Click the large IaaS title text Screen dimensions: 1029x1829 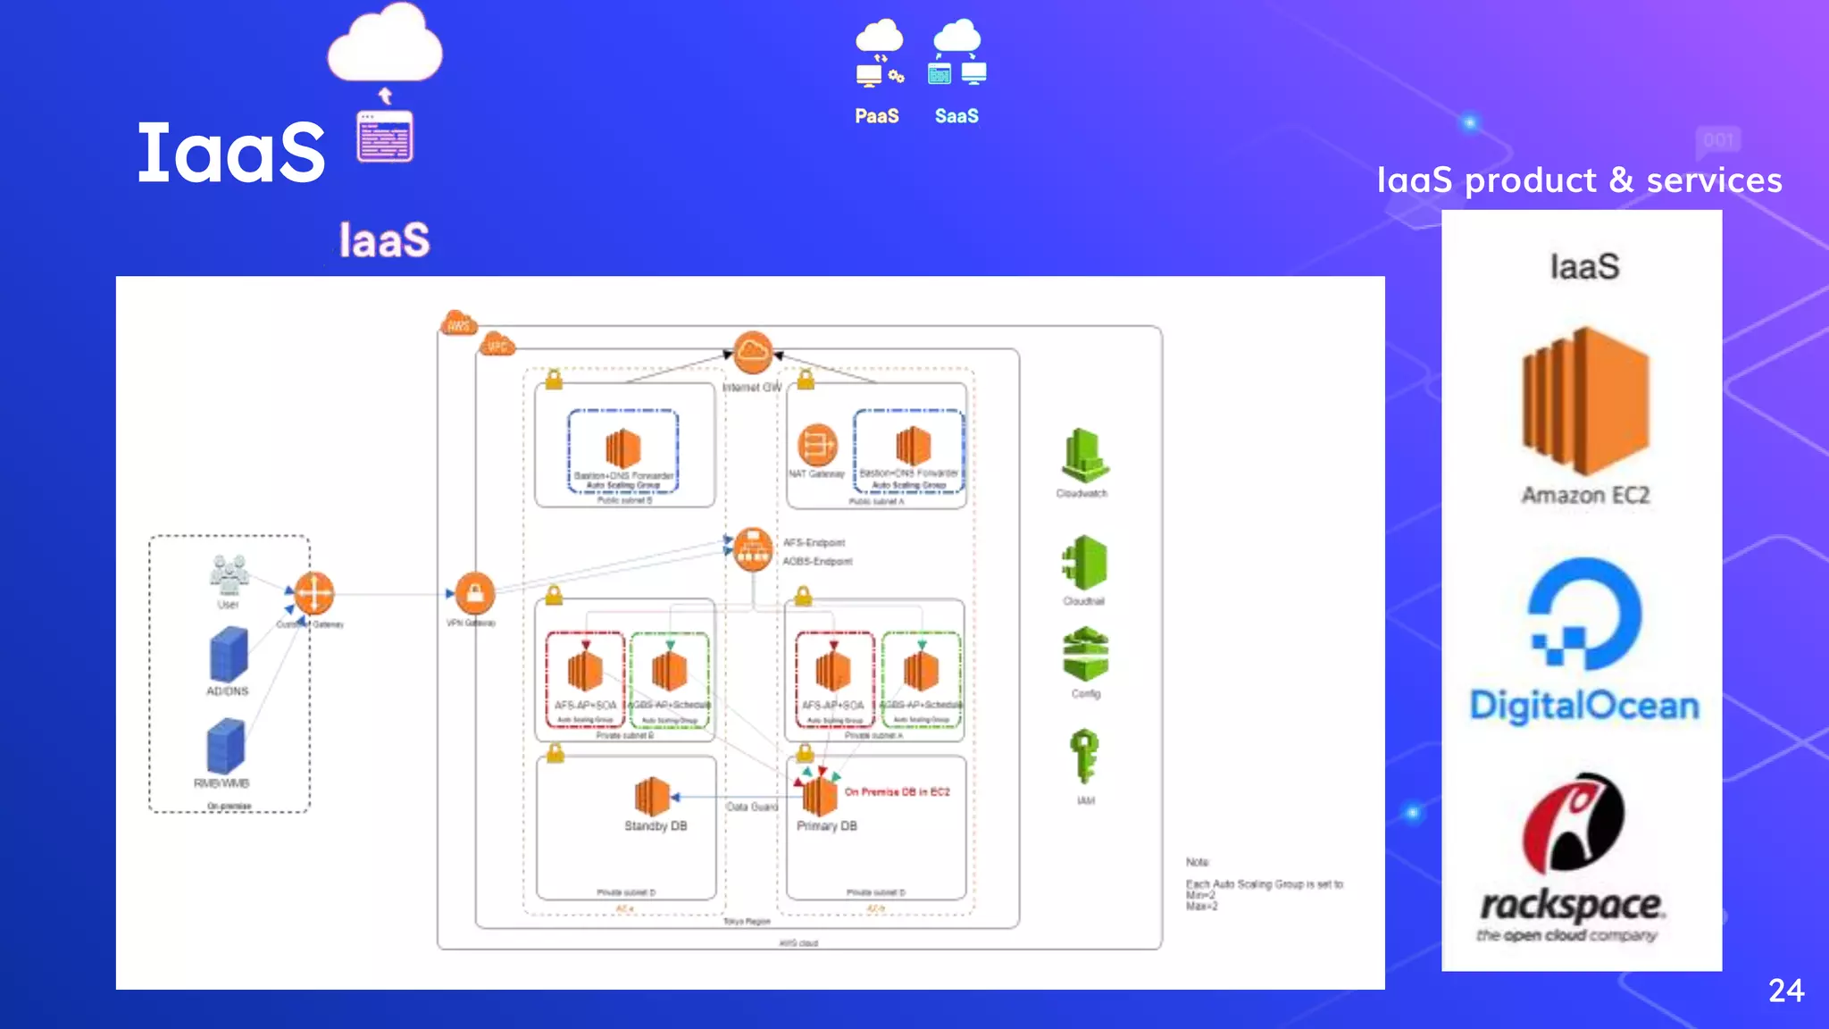coord(231,153)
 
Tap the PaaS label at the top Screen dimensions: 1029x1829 coord(876,116)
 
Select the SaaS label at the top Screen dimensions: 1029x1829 coord(956,116)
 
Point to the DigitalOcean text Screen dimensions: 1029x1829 coord(1584,706)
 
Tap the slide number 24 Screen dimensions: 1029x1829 coord(1786,991)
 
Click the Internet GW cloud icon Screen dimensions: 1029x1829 coord(752,352)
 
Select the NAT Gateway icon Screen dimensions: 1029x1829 coord(816,444)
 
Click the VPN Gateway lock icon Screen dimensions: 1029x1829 coord(474,593)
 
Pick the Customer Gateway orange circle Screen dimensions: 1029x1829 coord(314,593)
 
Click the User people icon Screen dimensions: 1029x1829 coord(229,574)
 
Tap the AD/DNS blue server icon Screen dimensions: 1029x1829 coord(229,654)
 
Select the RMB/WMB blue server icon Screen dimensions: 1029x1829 coord(226,747)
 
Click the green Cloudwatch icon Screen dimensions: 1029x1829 coord(1084,456)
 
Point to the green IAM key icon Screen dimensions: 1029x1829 coord(1084,756)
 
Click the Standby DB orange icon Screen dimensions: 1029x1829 coord(652,796)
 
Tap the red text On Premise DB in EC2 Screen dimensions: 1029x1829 coord(897,792)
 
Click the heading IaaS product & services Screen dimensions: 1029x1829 coord(1579,180)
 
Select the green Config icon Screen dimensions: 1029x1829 coord(1085,655)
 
